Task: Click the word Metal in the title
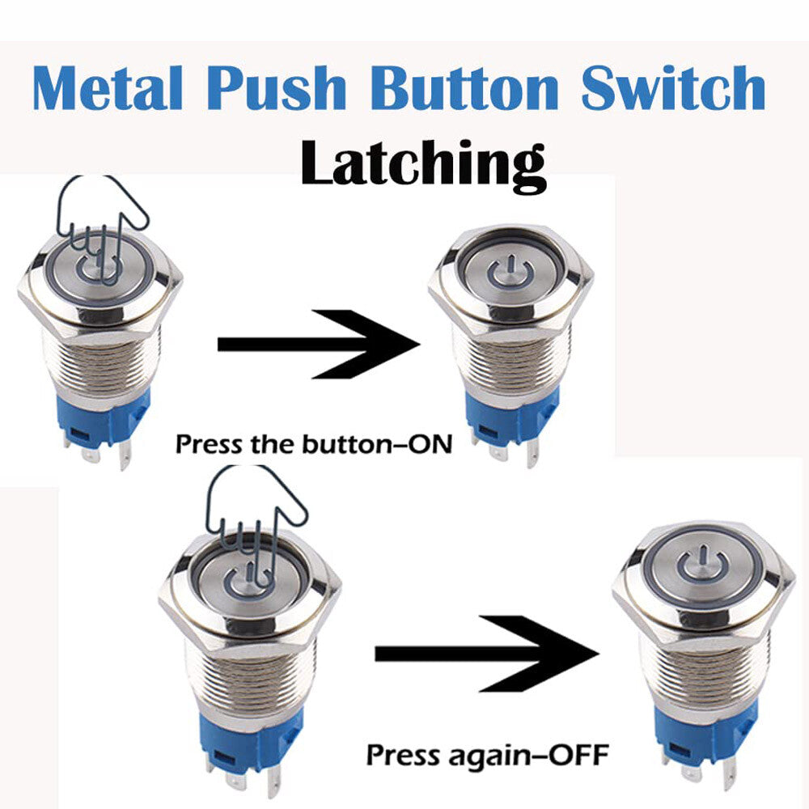pos(107,89)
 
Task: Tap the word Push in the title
pos(277,89)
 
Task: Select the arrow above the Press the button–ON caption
pos(319,343)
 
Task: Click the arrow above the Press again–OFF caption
pos(485,653)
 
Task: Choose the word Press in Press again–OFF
pos(402,756)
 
